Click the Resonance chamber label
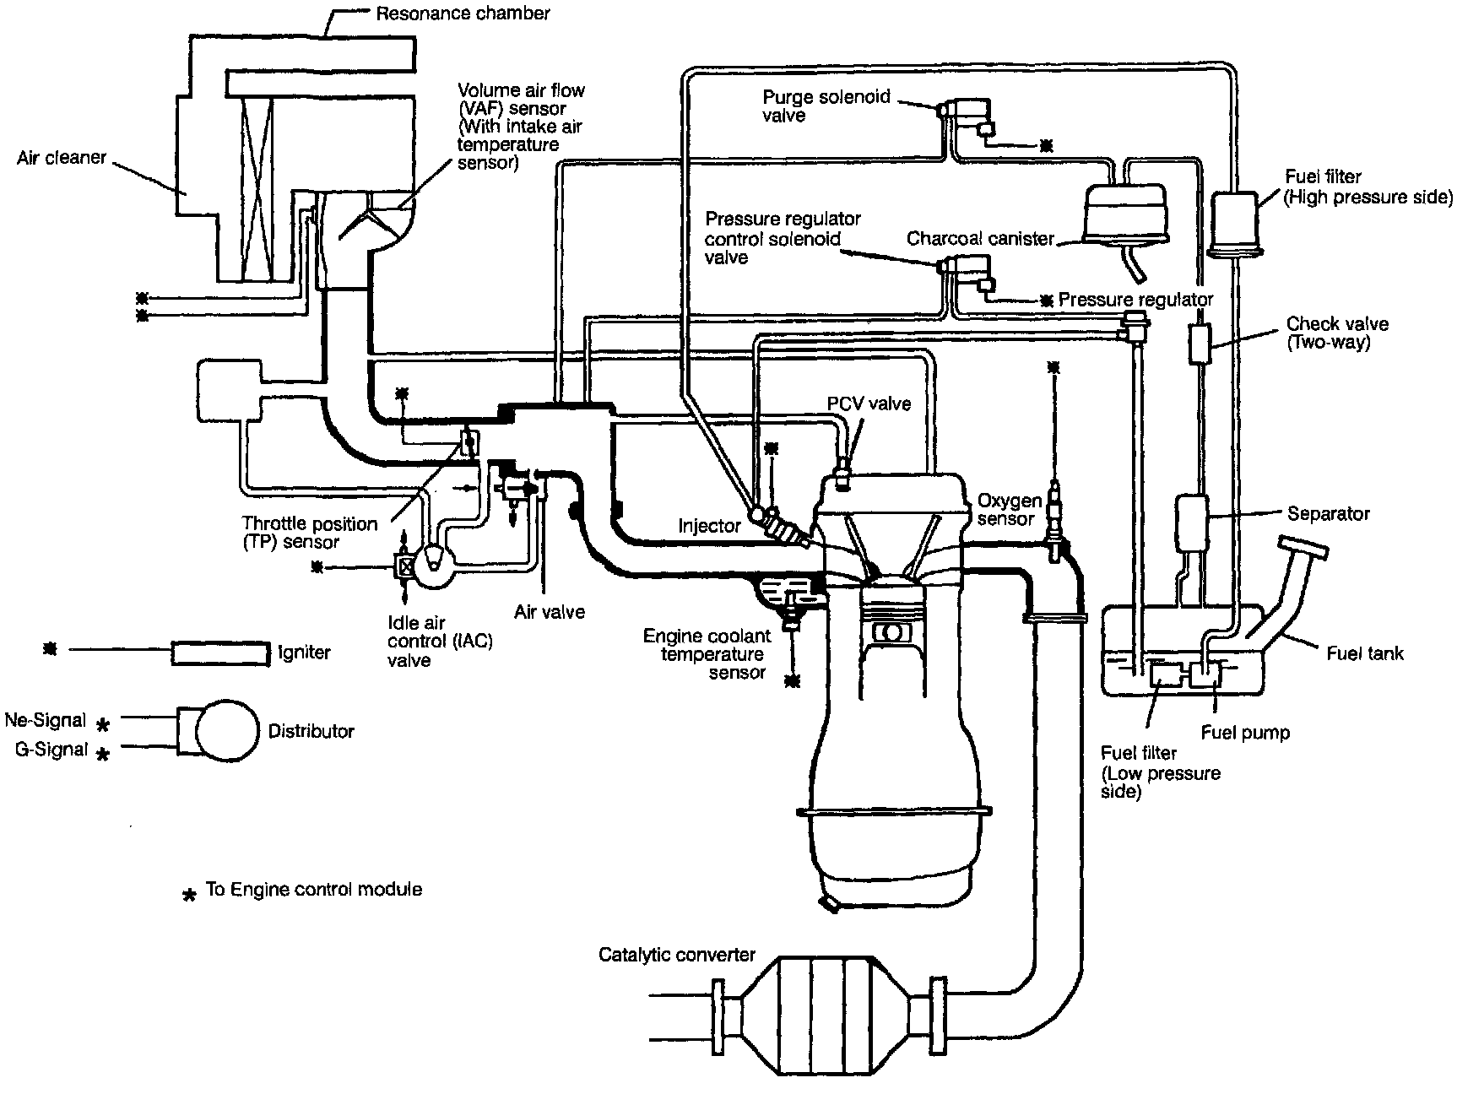pyautogui.click(x=463, y=14)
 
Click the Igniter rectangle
pyautogui.click(x=221, y=653)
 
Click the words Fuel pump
pyautogui.click(x=1245, y=733)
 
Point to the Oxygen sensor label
pyautogui.click(x=1009, y=510)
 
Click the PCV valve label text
pyautogui.click(x=869, y=403)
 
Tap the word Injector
pyautogui.click(x=709, y=526)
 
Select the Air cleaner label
pyautogui.click(x=62, y=158)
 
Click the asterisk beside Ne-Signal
pyautogui.click(x=103, y=723)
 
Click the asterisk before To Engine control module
pyautogui.click(x=190, y=894)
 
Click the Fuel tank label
pyautogui.click(x=1364, y=653)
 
